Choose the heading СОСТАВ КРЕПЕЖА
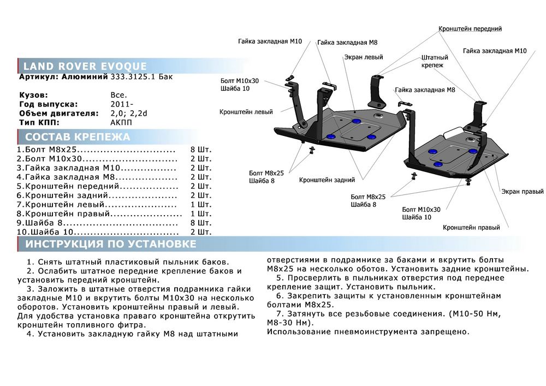pyautogui.click(x=78, y=137)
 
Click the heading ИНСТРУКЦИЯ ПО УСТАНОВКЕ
pyautogui.click(x=111, y=244)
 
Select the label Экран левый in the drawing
pyautogui.click(x=363, y=57)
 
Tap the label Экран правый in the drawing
pyautogui.click(x=523, y=192)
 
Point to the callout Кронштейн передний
pyautogui.click(x=470, y=28)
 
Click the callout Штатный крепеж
pyautogui.click(x=435, y=61)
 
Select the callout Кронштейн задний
pyautogui.click(x=327, y=179)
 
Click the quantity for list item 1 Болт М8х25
pyautogui.click(x=200, y=150)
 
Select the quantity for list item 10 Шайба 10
pyautogui.click(x=200, y=231)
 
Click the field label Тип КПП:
pyautogui.click(x=38, y=122)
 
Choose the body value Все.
pyautogui.click(x=118, y=95)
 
